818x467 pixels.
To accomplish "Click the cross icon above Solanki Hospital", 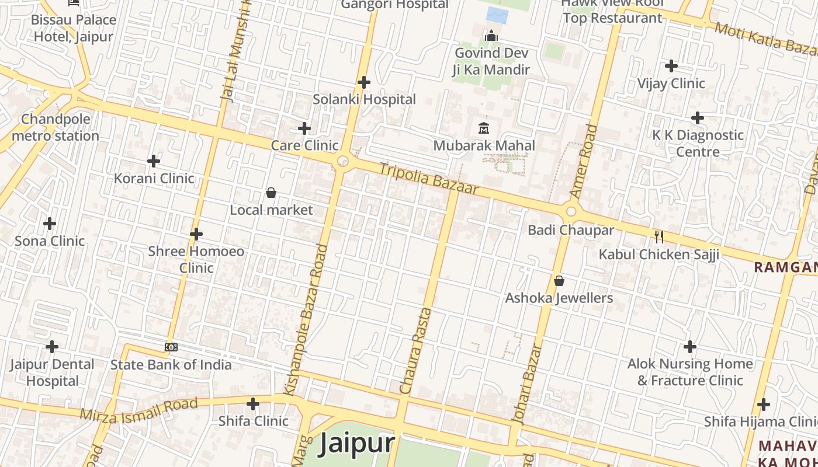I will pyautogui.click(x=364, y=82).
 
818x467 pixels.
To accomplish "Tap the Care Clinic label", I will pyautogui.click(x=304, y=145).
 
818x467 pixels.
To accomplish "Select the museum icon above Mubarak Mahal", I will pyautogui.click(x=484, y=128).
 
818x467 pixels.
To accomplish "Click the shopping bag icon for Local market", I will pyautogui.click(x=271, y=192).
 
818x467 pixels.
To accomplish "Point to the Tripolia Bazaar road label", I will pyautogui.click(x=429, y=179).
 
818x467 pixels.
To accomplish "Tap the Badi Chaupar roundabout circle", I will pyautogui.click(x=571, y=212).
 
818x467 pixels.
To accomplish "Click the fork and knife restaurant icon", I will pyautogui.click(x=659, y=236).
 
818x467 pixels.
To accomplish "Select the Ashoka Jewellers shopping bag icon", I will pyautogui.click(x=559, y=281).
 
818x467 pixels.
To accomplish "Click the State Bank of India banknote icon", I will pyautogui.click(x=171, y=347).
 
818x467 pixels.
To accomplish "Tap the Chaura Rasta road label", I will pyautogui.click(x=418, y=350).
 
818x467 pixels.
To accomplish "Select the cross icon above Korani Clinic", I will pyautogui.click(x=154, y=161).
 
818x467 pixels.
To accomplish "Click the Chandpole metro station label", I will pyautogui.click(x=56, y=128).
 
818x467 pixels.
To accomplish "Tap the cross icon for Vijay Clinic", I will pyautogui.click(x=671, y=65).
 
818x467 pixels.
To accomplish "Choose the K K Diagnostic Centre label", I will pyautogui.click(x=698, y=144).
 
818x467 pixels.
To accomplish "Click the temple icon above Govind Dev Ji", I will pyautogui.click(x=491, y=36).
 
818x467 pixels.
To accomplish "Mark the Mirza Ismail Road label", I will pyautogui.click(x=139, y=410).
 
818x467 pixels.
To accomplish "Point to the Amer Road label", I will pyautogui.click(x=584, y=161).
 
